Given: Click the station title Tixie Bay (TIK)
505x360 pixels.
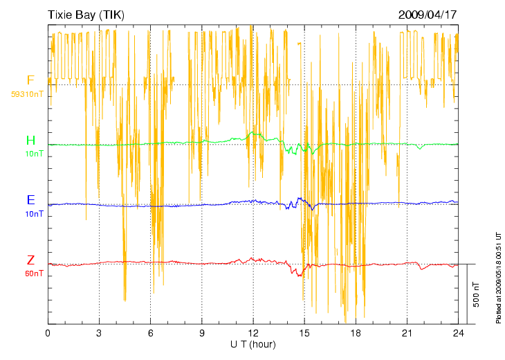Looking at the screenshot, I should point(86,15).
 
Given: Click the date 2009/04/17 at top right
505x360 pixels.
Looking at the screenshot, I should point(428,15).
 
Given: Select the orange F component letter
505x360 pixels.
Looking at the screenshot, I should point(30,80).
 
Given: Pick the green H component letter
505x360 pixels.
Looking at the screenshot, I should point(30,141).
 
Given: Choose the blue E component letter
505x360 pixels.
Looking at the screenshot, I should point(30,200).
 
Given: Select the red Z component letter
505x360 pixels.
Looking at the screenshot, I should point(30,260).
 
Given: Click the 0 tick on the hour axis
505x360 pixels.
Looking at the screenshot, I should point(48,333).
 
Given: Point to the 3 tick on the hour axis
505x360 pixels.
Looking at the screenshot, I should point(99,333).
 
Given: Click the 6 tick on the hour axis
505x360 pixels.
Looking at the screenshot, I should point(150,333).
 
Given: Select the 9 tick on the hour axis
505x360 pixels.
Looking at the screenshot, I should point(201,333).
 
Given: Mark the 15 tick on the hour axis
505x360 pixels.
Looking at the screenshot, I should point(304,333).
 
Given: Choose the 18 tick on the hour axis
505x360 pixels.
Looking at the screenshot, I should point(355,333).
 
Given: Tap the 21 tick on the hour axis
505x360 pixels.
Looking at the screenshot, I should point(406,333).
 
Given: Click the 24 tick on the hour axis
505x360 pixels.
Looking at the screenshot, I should point(457,333).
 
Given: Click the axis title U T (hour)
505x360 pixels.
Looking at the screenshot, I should point(253,344).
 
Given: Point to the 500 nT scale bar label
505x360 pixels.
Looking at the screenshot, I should point(477,294).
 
